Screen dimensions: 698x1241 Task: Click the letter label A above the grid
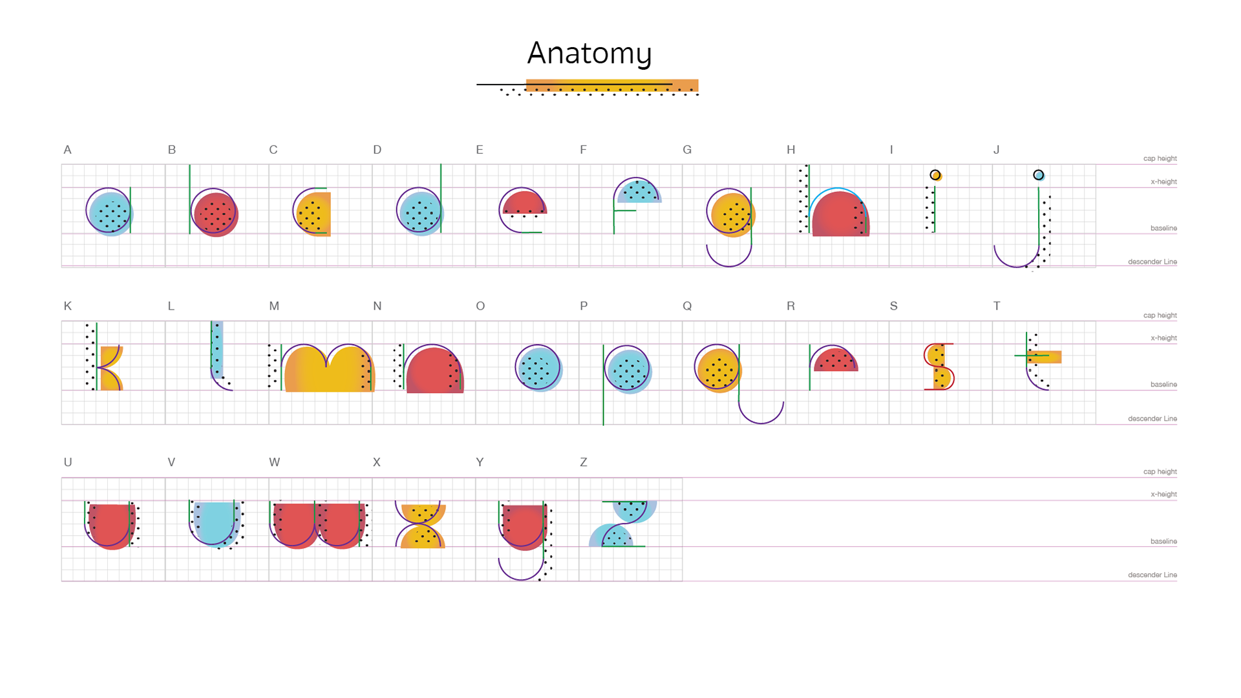67,150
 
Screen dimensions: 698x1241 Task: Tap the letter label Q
687,306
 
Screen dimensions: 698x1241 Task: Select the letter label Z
584,463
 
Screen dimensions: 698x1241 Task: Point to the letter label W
274,463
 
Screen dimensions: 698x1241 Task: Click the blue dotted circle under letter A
110,212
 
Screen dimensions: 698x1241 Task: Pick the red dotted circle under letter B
215,213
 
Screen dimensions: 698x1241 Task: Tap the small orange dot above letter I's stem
936,175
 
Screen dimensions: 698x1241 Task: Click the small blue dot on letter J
1039,175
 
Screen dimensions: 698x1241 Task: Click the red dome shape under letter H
840,215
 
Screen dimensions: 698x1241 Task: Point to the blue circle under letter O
539,368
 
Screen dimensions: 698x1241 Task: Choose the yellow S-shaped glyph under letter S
939,366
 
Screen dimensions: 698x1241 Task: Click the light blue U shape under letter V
216,522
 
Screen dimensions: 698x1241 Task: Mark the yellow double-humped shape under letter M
329,370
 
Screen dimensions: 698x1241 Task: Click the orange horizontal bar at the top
611,85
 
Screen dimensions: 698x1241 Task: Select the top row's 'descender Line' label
1152,262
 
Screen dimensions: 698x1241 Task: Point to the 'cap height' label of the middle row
1160,315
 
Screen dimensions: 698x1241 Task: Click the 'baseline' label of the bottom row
1163,542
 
